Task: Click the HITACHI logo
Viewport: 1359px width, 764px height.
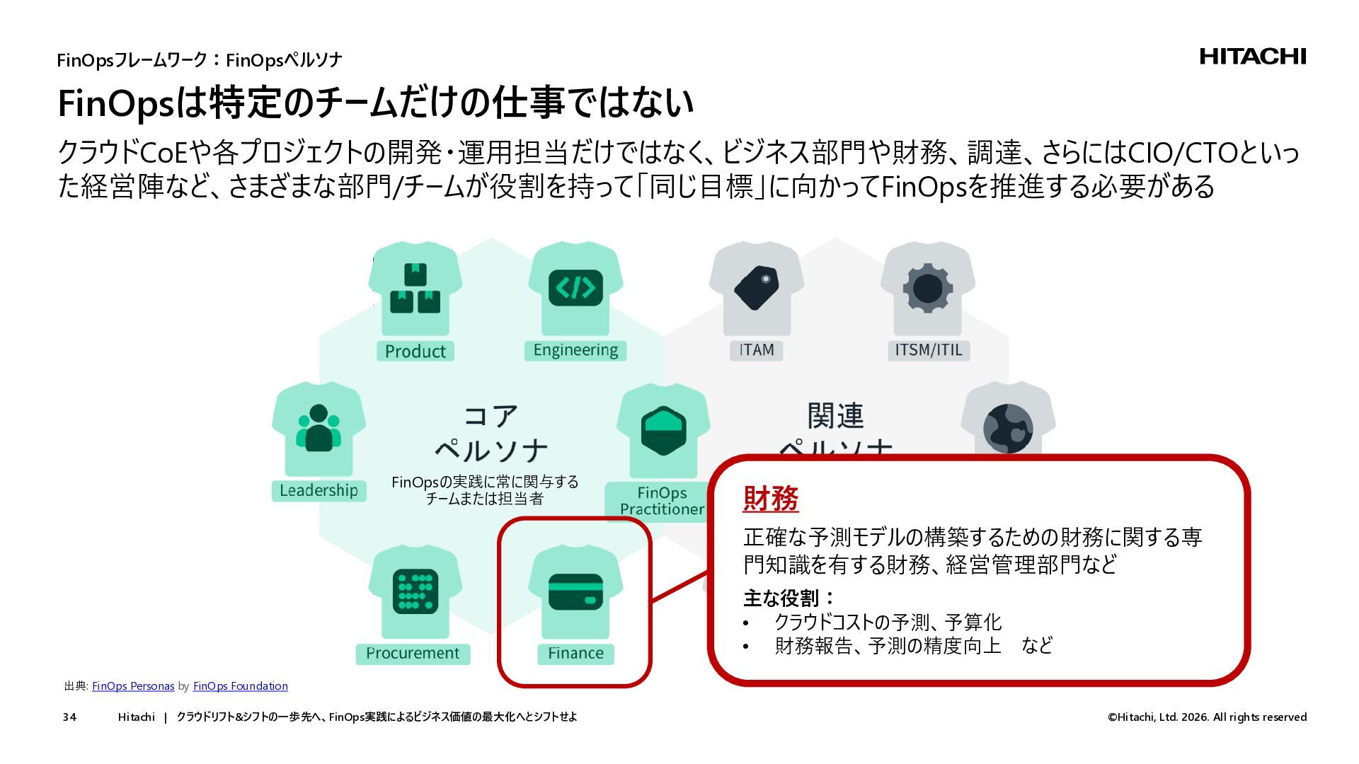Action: (1252, 57)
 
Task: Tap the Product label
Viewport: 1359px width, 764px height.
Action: (415, 351)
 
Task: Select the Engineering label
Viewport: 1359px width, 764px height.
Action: (575, 350)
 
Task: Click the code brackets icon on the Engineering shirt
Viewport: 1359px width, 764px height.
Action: (575, 288)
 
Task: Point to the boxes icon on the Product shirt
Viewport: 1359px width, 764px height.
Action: (415, 289)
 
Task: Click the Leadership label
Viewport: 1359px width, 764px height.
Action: (319, 490)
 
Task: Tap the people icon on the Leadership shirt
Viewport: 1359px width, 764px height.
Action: (319, 428)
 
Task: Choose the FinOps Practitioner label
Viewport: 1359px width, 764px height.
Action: (662, 501)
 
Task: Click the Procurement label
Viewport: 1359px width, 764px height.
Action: (413, 653)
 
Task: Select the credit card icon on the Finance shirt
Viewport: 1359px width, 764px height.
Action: (575, 591)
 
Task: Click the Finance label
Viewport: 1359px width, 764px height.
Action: (575, 653)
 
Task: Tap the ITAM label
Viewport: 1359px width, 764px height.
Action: (757, 350)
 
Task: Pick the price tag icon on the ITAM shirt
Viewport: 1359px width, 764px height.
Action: (757, 287)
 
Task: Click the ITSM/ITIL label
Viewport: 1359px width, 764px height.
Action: (928, 350)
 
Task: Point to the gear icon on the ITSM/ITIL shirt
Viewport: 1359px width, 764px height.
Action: (928, 288)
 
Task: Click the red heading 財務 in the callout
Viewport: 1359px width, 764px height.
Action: (771, 499)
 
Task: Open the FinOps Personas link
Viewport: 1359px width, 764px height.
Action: (133, 686)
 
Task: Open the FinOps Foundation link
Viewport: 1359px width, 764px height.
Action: (240, 686)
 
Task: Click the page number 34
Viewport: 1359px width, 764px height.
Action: (69, 717)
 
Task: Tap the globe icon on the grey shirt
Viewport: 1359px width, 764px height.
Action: (1008, 428)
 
